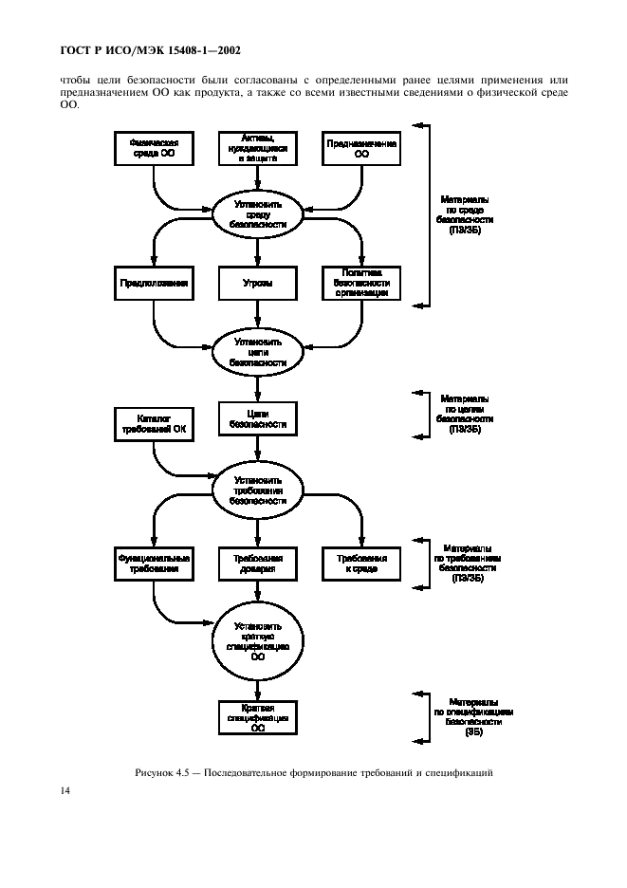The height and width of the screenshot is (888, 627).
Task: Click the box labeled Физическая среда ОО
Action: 154,147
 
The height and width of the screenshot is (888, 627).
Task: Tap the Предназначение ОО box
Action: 361,147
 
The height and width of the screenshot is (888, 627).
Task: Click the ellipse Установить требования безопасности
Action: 258,487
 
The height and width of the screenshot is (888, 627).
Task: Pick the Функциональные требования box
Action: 154,563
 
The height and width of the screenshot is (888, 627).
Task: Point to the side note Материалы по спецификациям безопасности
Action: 473,717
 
